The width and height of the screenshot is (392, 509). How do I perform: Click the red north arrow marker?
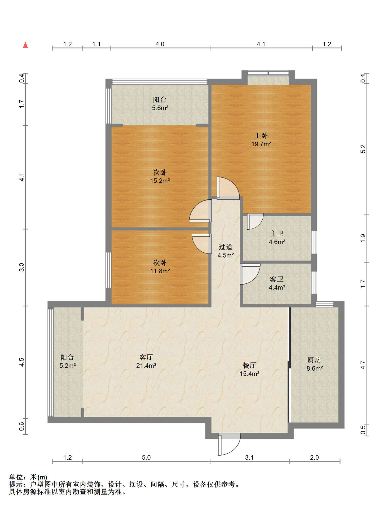click(x=25, y=45)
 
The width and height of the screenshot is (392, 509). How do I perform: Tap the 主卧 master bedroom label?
click(x=261, y=136)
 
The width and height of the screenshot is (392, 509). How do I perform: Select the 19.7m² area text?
click(x=261, y=144)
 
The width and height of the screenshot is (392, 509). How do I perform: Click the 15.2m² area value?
click(x=160, y=181)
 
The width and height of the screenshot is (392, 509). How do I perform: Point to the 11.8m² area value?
click(x=160, y=271)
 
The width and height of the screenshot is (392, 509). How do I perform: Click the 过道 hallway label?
click(x=226, y=247)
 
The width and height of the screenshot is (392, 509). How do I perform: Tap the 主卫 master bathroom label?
click(x=277, y=234)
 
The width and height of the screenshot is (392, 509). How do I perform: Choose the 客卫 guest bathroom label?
click(x=277, y=279)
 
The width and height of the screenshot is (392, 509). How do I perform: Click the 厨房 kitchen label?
click(x=314, y=360)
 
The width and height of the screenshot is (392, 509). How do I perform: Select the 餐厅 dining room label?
click(x=249, y=365)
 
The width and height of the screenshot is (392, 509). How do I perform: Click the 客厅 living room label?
click(x=146, y=357)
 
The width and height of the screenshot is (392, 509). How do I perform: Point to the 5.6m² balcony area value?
click(x=160, y=108)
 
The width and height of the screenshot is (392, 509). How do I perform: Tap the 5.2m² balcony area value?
click(x=68, y=366)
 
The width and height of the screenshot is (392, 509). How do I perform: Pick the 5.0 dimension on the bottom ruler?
click(x=146, y=458)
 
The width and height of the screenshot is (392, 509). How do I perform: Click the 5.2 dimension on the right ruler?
click(x=363, y=149)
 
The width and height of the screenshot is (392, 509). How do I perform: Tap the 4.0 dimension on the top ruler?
click(x=160, y=44)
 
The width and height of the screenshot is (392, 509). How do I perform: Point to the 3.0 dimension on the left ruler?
click(x=22, y=267)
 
